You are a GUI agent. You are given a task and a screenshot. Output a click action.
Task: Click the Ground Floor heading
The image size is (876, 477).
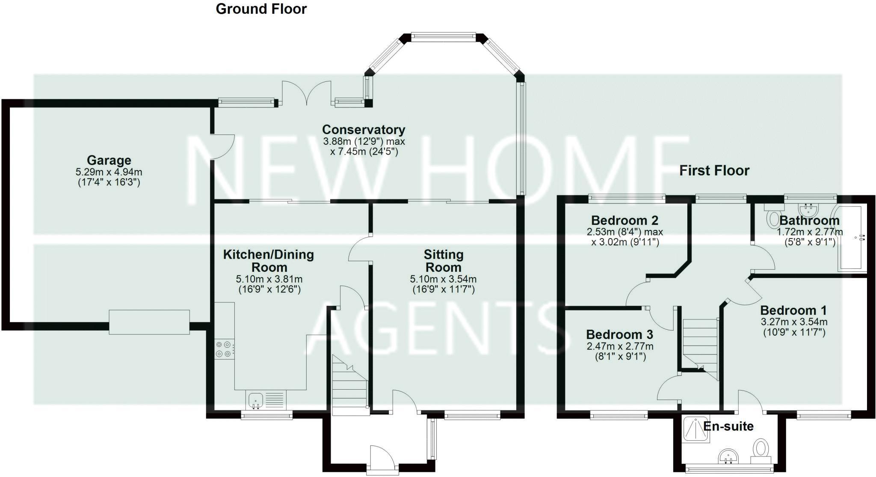[x=261, y=9]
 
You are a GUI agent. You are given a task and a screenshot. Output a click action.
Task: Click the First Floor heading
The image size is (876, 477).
[x=714, y=171]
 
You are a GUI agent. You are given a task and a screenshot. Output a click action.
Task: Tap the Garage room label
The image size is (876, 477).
[x=109, y=161]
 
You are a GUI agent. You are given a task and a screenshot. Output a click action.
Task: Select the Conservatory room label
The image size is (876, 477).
[x=364, y=130]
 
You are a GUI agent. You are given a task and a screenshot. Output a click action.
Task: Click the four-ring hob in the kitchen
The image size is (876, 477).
[x=224, y=349]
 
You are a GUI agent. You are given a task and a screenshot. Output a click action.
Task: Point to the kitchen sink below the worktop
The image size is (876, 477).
[x=255, y=400]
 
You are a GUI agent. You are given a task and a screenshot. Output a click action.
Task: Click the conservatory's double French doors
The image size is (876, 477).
[x=307, y=92]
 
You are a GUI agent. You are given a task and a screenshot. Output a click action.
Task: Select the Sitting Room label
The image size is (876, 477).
[x=443, y=261]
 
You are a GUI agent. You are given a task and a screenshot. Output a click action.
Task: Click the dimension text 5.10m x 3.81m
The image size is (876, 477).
[x=269, y=279]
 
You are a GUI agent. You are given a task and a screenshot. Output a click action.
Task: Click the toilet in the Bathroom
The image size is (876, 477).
[x=774, y=218]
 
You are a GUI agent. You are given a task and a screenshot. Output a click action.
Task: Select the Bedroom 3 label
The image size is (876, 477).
[x=619, y=334]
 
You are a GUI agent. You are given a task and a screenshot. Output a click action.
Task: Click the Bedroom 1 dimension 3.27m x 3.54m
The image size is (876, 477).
[x=794, y=322]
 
